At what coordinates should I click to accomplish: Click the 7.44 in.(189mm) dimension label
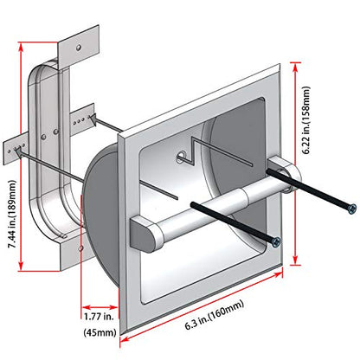coord(13,214)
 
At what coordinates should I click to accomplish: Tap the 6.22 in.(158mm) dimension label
coord(306,120)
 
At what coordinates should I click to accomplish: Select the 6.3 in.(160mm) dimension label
coord(215,315)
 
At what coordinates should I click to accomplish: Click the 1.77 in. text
coord(99,317)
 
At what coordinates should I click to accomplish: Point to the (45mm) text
coord(100,332)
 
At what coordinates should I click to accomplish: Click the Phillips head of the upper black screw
coord(352,209)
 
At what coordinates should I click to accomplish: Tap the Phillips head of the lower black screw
coord(276,241)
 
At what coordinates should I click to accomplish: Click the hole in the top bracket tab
coord(79,47)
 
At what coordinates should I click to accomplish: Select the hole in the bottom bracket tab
coord(81,247)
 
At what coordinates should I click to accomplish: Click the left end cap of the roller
coord(144,235)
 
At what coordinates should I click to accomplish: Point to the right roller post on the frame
coord(284,174)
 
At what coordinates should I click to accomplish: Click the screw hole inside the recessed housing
coord(181,156)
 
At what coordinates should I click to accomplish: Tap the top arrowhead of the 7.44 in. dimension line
coord(21,47)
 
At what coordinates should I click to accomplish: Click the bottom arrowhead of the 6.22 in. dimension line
coord(295,260)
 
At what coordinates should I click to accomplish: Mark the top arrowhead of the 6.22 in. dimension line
coord(295,67)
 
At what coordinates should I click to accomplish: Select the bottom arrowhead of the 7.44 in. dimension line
coord(21,266)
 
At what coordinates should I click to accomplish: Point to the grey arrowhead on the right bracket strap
coord(93,119)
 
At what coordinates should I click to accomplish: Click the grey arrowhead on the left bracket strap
coord(18,153)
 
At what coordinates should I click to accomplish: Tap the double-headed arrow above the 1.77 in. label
coord(100,307)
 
